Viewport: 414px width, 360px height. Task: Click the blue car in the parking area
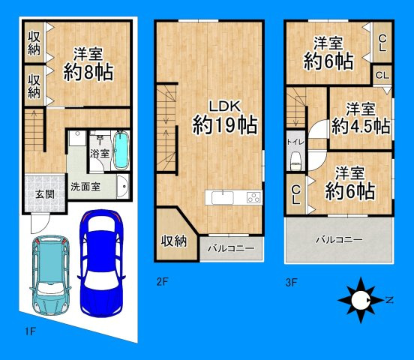click(102, 262)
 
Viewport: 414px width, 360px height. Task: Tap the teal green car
click(50, 274)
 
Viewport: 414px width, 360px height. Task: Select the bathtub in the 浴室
click(121, 150)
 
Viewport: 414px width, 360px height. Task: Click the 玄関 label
click(45, 195)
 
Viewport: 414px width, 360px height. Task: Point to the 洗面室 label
click(85, 187)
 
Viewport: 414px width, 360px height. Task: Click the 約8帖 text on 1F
click(88, 72)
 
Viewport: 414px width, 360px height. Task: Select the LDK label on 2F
click(225, 106)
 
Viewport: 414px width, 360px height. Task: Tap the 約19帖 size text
click(225, 125)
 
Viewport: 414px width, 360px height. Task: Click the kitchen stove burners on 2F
click(253, 197)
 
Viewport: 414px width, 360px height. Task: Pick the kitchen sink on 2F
click(223, 198)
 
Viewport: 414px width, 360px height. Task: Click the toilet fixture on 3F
click(295, 162)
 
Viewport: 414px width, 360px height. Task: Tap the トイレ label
click(295, 142)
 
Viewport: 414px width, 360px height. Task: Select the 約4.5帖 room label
click(361, 126)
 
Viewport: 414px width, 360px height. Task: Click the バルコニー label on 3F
click(339, 240)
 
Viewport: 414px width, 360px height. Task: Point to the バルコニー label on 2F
click(231, 248)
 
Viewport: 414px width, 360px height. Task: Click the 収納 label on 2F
click(174, 241)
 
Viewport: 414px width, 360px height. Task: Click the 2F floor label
click(162, 282)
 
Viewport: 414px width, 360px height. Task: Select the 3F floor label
click(291, 283)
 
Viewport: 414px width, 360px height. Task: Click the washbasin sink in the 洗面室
click(123, 186)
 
